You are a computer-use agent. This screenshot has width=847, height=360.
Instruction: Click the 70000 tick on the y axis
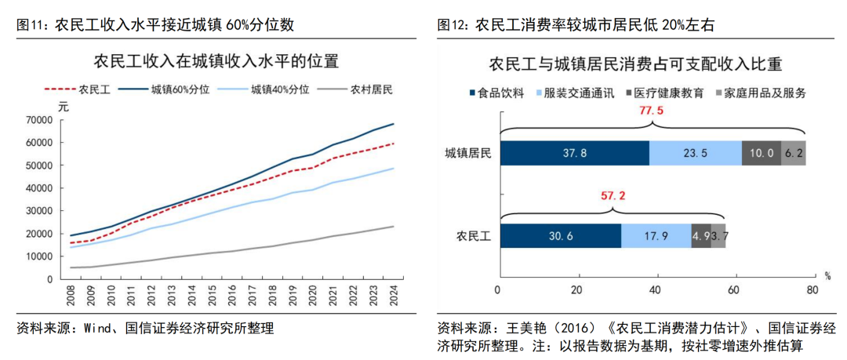[39, 120]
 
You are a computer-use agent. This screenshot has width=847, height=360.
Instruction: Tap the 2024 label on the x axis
[393, 296]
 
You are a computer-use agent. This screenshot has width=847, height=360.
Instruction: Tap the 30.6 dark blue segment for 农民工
[559, 236]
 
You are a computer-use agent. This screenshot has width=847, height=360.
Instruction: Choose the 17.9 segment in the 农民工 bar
[656, 236]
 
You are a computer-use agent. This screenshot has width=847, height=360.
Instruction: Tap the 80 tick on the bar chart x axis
[812, 290]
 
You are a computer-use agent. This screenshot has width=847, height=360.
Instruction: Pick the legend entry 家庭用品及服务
[765, 93]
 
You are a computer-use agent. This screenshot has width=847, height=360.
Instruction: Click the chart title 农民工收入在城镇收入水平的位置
[216, 61]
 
